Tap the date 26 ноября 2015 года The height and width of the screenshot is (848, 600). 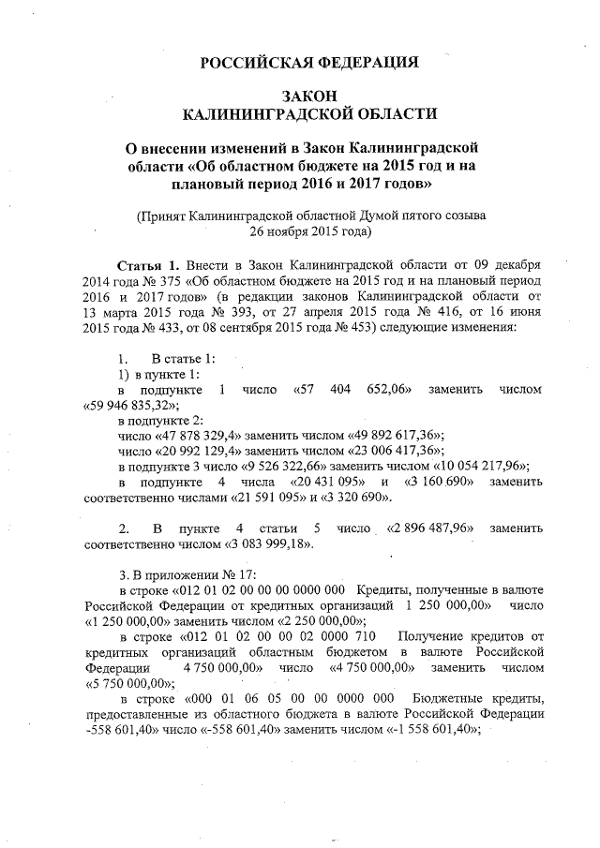(x=310, y=230)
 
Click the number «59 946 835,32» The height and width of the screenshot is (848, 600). (x=131, y=406)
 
